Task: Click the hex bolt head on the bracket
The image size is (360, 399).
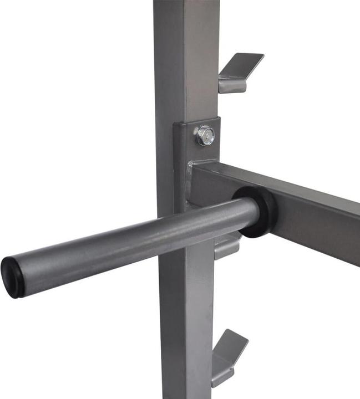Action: [205, 135]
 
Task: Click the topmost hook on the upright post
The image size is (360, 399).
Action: [239, 72]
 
